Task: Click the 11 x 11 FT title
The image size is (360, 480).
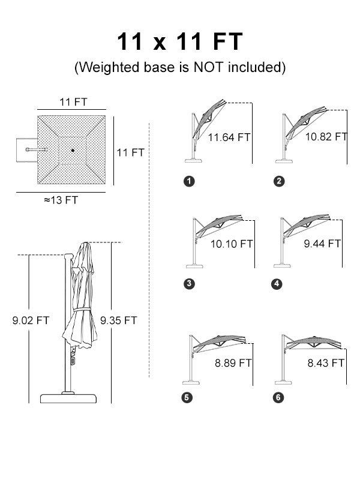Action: pos(179,41)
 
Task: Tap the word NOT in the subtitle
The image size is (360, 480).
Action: pos(208,67)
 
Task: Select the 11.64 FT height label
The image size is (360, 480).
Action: pos(229,137)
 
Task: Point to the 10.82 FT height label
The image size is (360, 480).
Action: pos(326,137)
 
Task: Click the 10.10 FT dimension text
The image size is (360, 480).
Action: pos(232,244)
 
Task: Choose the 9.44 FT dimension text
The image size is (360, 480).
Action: pos(322,244)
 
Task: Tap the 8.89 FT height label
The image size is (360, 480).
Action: pos(233,363)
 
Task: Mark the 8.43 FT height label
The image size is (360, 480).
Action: pos(326,363)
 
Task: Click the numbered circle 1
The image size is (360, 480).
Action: pos(189,181)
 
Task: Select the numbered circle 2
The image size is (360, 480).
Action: pos(279,181)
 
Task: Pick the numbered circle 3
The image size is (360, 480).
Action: pos(189,284)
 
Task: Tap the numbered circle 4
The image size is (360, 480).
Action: pos(277,284)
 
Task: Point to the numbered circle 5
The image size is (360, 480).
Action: pos(187,398)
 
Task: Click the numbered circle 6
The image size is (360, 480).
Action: pos(278,398)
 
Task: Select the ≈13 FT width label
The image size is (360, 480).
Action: pos(61,200)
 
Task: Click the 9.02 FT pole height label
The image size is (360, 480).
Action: pos(31,320)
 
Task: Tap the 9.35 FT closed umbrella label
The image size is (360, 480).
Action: pos(118,320)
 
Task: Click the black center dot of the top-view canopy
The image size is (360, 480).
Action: pos(73,151)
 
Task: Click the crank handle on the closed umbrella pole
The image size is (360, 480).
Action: pos(73,357)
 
